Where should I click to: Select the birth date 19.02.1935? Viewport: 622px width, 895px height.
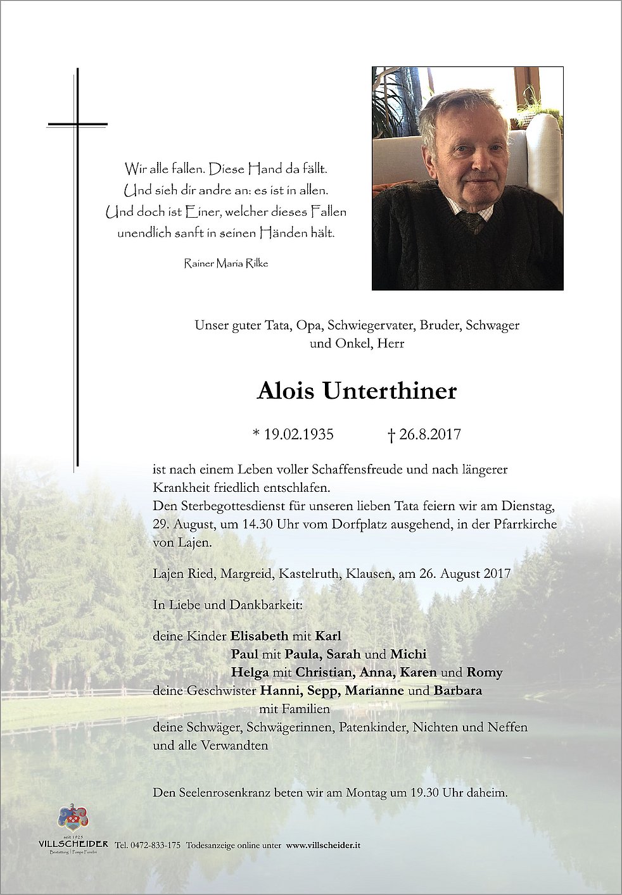(298, 434)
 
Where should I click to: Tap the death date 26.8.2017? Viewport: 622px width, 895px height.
(429, 434)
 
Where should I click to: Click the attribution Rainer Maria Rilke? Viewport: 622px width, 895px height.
(226, 263)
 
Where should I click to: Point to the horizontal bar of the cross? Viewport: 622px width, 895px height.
(77, 124)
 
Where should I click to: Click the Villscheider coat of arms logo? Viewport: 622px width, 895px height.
(73, 818)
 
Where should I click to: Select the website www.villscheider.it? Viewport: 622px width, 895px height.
(323, 845)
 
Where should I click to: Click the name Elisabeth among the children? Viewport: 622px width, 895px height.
(260, 636)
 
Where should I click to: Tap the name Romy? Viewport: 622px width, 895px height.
(485, 672)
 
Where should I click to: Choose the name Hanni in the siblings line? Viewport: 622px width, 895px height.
(279, 691)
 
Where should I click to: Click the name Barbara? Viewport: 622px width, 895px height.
(458, 691)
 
